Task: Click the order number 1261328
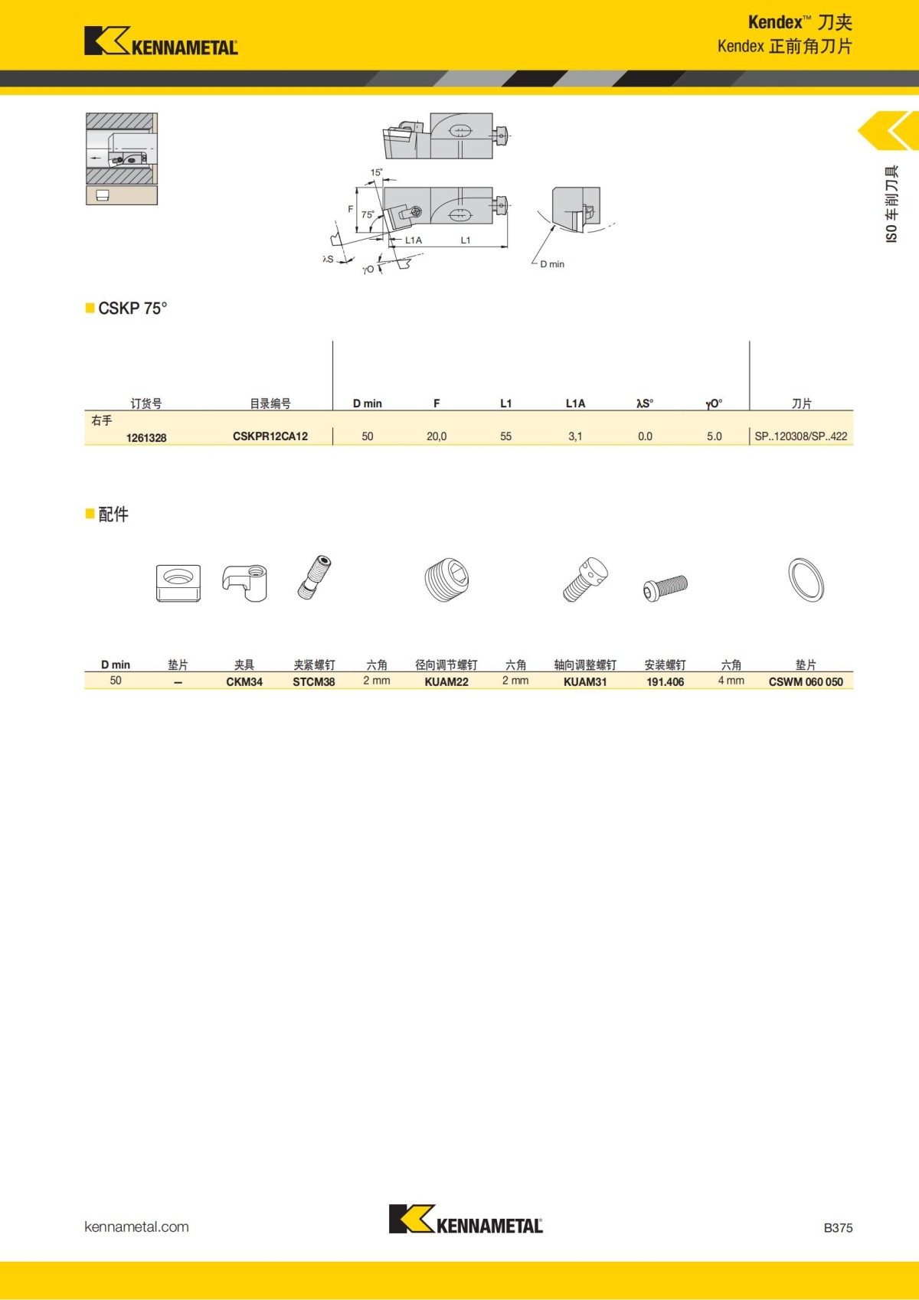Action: coord(146,438)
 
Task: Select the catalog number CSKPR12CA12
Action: coord(270,436)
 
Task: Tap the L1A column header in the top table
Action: coord(575,403)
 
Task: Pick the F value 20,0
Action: coord(437,436)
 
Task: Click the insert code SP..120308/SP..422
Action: coord(801,436)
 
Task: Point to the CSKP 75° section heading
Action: coord(132,309)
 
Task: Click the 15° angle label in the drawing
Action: coord(376,173)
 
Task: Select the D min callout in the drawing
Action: coord(552,264)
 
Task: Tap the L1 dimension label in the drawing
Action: coord(466,240)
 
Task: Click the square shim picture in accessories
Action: coord(178,583)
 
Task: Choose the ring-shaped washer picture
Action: coord(806,580)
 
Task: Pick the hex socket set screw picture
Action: coord(446,580)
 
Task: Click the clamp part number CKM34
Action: coord(244,682)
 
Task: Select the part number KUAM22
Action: coord(446,682)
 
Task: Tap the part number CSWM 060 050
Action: coord(806,682)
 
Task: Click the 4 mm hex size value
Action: coord(731,681)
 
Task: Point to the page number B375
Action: coord(838,1228)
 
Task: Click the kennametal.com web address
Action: coord(136,1227)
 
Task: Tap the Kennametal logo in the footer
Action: coord(466,1220)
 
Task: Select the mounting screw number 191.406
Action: coord(665,682)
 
